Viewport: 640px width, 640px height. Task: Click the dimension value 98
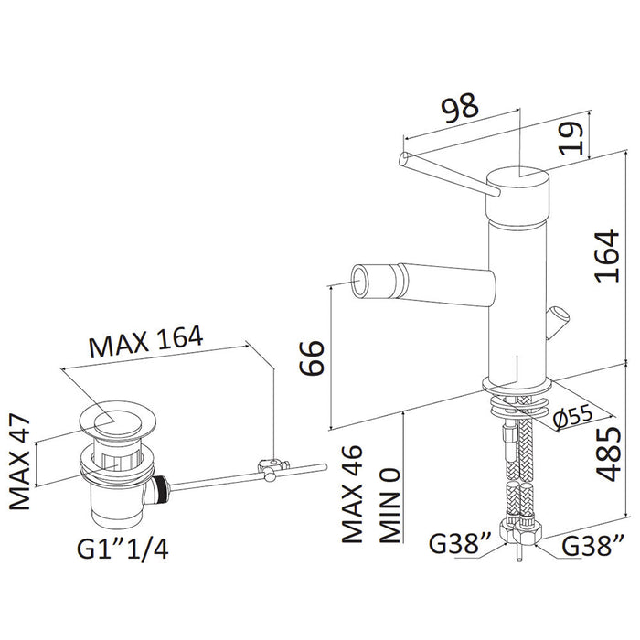(x=461, y=108)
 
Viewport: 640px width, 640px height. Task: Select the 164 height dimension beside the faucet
(x=607, y=256)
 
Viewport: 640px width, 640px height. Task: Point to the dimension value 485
(x=608, y=454)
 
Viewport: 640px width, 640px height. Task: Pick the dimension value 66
(x=313, y=357)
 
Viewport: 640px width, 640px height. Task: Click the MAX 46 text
(x=352, y=493)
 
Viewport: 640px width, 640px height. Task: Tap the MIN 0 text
(x=389, y=506)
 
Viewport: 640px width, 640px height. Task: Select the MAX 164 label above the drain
(x=145, y=342)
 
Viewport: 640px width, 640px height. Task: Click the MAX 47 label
(x=20, y=462)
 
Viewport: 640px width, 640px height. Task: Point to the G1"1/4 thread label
(x=123, y=549)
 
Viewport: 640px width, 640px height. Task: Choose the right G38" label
(x=592, y=545)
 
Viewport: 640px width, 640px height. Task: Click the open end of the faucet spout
(x=362, y=281)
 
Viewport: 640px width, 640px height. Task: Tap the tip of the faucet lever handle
(x=403, y=158)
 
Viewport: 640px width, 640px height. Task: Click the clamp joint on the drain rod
(x=272, y=468)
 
